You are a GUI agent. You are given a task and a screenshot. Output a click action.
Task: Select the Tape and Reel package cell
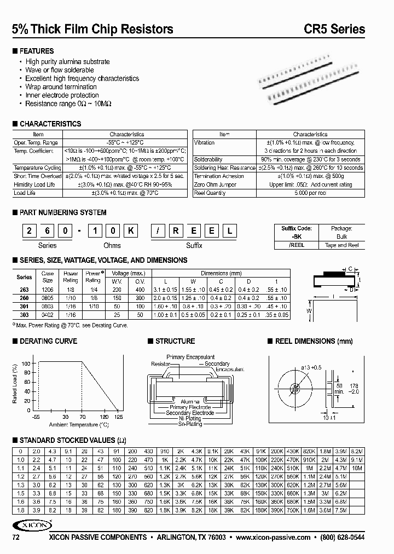click(342, 245)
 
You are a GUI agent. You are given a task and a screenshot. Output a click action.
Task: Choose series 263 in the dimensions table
click(25, 288)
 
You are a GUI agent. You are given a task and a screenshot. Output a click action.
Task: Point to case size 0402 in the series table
click(48, 316)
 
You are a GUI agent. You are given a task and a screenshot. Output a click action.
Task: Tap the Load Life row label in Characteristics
click(24, 193)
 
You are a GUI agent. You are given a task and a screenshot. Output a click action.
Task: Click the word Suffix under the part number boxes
click(194, 246)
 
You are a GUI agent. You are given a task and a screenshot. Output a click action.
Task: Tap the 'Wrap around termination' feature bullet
click(61, 86)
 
